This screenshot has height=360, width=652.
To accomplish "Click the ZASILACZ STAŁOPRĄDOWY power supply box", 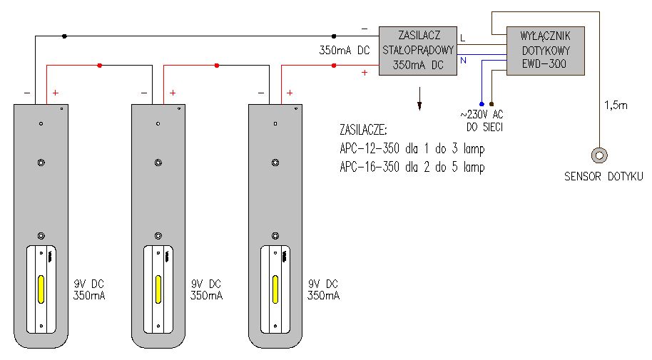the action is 418,51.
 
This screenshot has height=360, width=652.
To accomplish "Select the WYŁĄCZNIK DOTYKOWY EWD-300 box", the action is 546,51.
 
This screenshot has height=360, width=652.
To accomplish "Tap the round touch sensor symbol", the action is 599,155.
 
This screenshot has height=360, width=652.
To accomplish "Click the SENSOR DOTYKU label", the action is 603,177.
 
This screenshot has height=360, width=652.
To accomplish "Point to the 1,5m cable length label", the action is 616,106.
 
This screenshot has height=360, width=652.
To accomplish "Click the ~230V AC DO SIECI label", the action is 482,120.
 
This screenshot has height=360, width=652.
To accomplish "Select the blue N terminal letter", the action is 463,61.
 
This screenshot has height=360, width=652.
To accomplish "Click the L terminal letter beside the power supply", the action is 463,38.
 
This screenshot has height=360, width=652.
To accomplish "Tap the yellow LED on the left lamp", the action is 41,289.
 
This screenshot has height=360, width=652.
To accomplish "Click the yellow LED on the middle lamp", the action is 158,289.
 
